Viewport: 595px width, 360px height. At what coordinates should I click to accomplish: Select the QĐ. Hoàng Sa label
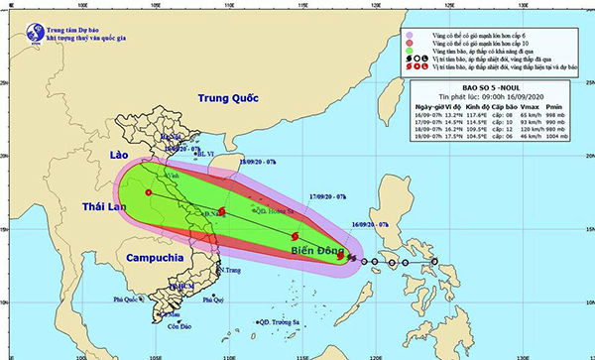[x=277, y=210]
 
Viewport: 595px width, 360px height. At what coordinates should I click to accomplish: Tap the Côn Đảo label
[x=178, y=327]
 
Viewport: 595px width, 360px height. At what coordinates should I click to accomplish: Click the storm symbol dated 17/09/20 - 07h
[x=296, y=236]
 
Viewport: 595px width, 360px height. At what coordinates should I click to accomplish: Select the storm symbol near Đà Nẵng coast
[x=223, y=211]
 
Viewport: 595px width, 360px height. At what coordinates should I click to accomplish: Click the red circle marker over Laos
[x=148, y=192]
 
